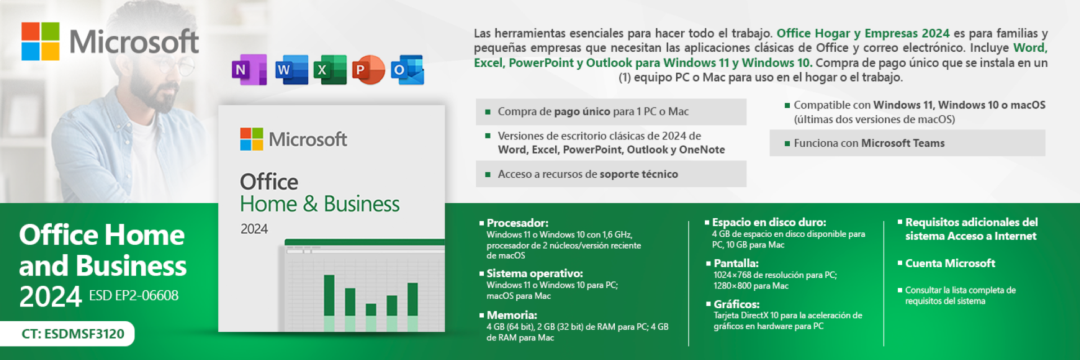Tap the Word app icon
tap(291, 70)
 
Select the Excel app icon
tap(330, 70)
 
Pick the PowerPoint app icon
tap(368, 70)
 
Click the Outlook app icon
tap(407, 70)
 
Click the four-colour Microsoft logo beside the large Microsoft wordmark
tap(40, 41)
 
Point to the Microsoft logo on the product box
tap(251, 139)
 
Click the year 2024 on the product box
tap(254, 229)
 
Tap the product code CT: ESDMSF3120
tap(73, 334)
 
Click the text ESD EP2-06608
tap(133, 295)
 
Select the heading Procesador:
tap(517, 223)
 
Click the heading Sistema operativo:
tap(534, 273)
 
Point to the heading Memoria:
tap(511, 315)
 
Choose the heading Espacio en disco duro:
tap(768, 222)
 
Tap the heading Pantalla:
tap(736, 263)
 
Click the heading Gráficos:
tap(736, 304)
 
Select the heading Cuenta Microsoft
tap(949, 263)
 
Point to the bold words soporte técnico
tap(638, 174)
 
